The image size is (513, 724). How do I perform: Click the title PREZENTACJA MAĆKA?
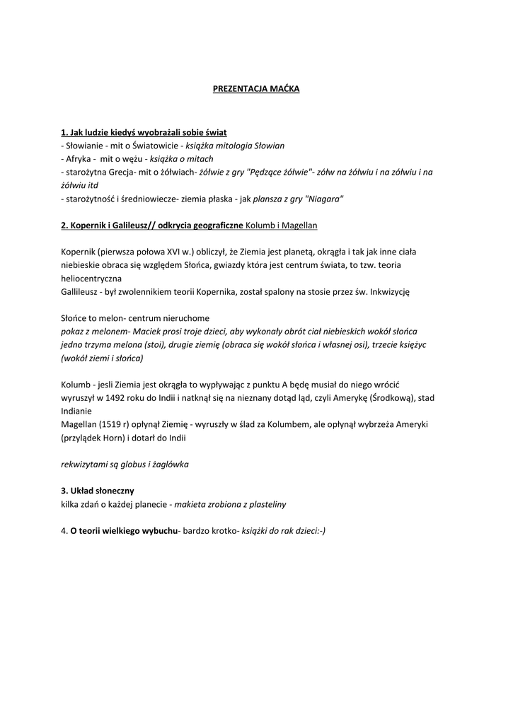tap(256, 89)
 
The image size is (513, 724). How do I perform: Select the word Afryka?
tap(79, 158)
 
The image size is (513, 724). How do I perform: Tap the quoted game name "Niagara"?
tap(324, 199)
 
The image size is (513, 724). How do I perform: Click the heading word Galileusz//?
tap(151, 225)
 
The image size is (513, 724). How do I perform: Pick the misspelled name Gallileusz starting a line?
tap(81, 291)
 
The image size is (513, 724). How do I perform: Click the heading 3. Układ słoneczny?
tap(98, 491)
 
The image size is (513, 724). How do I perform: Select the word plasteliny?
tap(265, 504)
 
